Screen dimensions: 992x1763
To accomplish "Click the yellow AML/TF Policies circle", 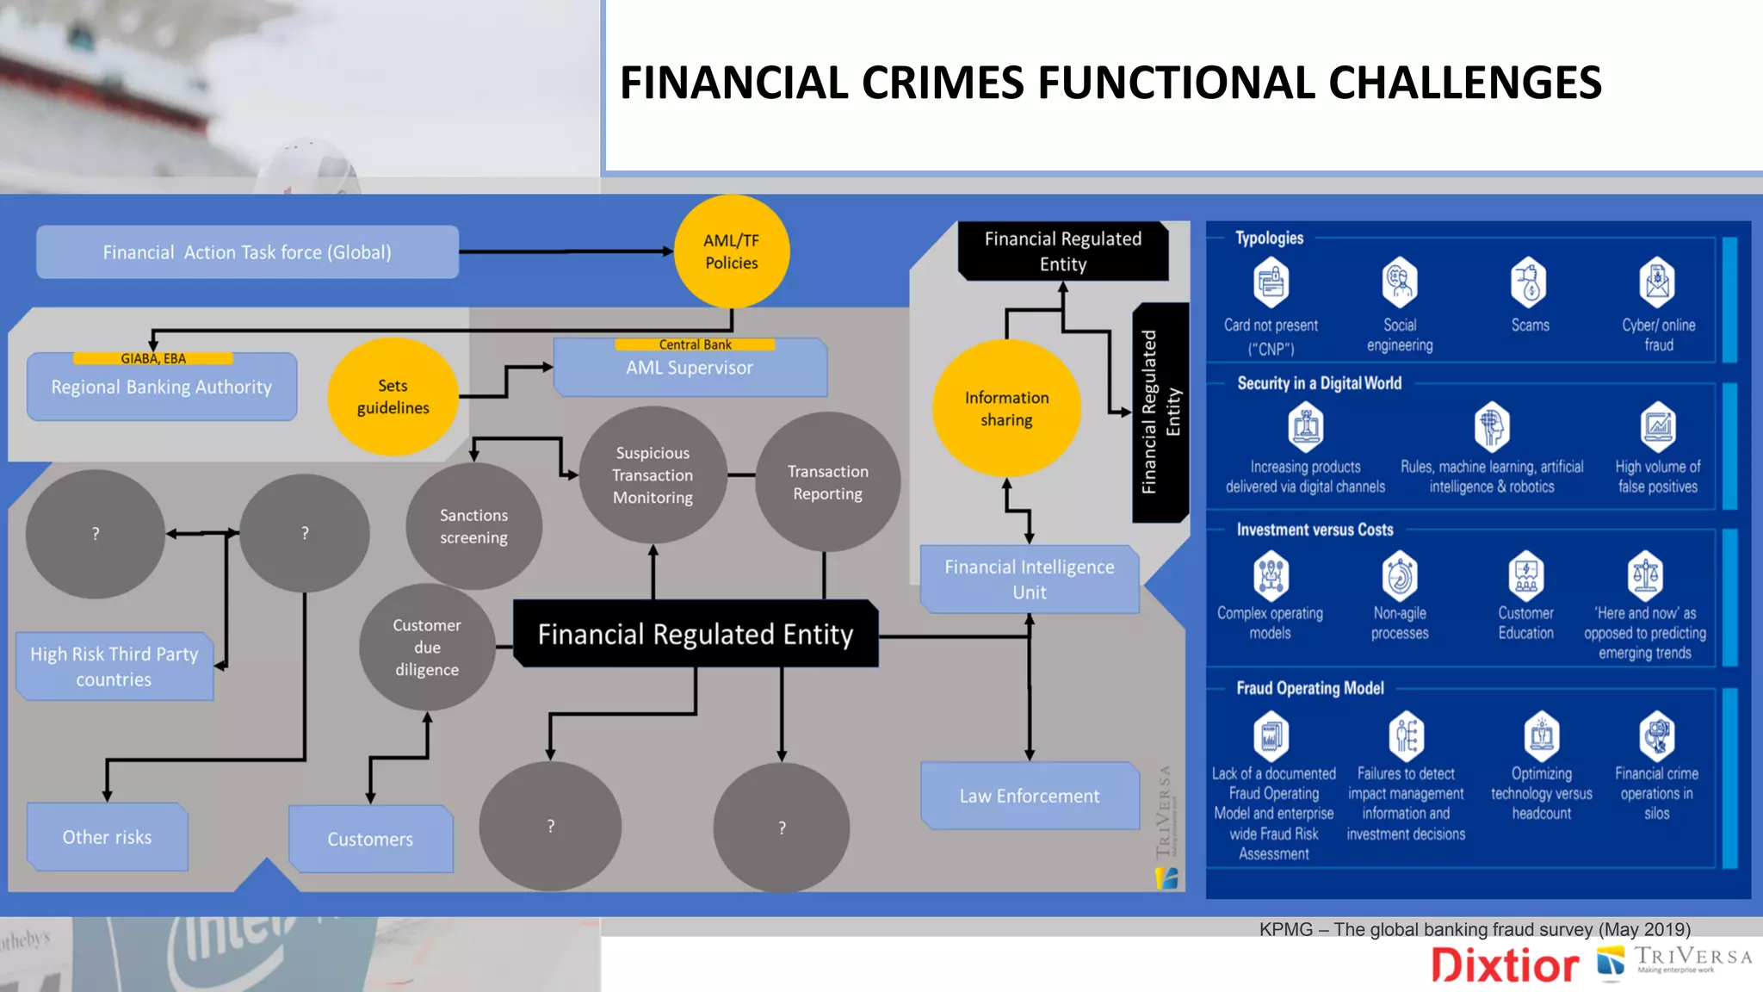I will [732, 251].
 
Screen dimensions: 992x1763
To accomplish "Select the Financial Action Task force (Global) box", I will [247, 252].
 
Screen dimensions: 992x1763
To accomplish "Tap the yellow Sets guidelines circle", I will [393, 397].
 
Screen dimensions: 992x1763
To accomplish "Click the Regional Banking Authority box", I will [162, 387].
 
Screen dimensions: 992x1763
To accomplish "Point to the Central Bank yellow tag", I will [695, 344].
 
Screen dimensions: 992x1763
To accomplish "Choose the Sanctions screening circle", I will [473, 526].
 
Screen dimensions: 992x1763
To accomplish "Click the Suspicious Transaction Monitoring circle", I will [653, 475].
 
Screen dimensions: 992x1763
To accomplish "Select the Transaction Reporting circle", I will [827, 482].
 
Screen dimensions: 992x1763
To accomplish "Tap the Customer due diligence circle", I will [427, 648].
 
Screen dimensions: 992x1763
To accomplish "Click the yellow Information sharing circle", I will [1006, 409].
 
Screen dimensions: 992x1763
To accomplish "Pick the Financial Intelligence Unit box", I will [1030, 579].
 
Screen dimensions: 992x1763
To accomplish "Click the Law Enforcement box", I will [1030, 796].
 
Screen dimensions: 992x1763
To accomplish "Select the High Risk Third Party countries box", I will [114, 666].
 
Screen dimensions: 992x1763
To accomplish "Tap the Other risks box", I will [108, 837].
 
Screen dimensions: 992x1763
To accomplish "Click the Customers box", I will [370, 839].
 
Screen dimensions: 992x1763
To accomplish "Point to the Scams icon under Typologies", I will [1529, 282].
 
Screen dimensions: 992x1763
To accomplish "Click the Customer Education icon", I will [1525, 576].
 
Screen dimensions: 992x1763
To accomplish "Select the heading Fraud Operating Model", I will [1309, 688].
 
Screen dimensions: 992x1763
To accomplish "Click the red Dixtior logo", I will [1505, 965].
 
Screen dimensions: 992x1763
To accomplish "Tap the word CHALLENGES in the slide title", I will [1464, 84].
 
